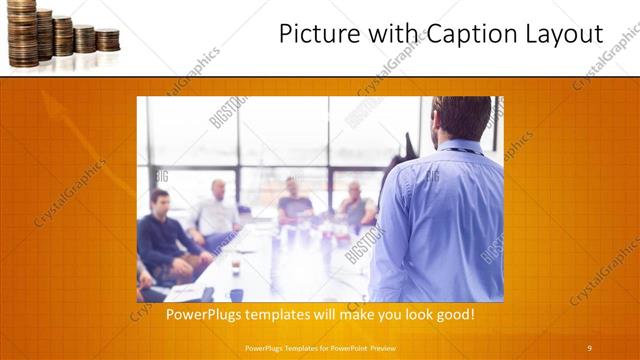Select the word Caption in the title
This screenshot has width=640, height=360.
(459, 35)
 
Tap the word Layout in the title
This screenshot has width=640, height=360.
(562, 35)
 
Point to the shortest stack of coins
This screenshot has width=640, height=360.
(108, 40)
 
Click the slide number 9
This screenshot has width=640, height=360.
(589, 347)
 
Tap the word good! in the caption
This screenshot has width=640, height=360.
(453, 315)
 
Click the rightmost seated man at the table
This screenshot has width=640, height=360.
(355, 205)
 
